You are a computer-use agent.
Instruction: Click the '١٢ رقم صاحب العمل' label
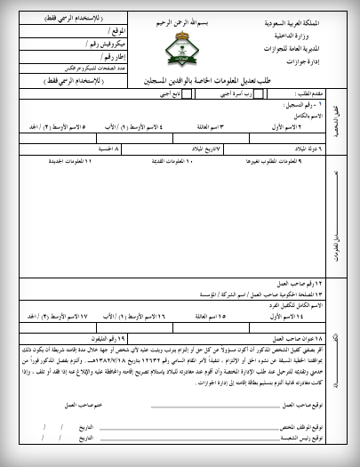click(x=294, y=283)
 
